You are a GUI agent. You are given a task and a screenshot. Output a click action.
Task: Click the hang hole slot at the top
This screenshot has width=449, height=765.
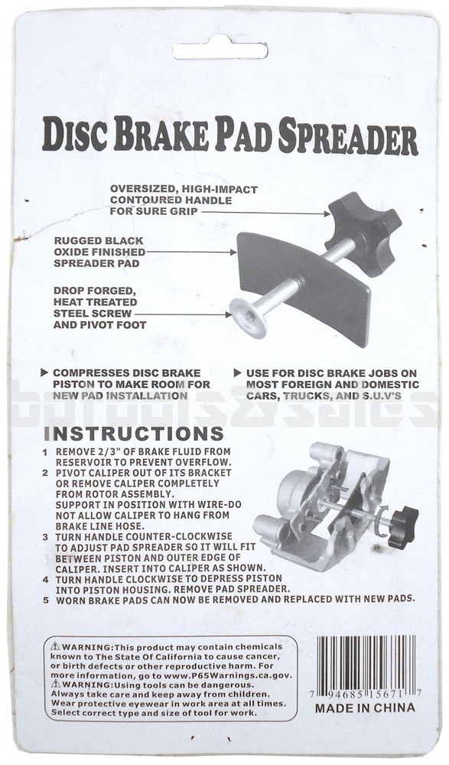220,50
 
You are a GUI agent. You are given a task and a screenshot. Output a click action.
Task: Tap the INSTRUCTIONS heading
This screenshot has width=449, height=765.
134,434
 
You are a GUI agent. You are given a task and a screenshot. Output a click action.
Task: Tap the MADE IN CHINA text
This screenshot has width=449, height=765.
366,708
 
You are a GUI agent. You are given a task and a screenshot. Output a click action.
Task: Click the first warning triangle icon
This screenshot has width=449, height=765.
55,646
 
